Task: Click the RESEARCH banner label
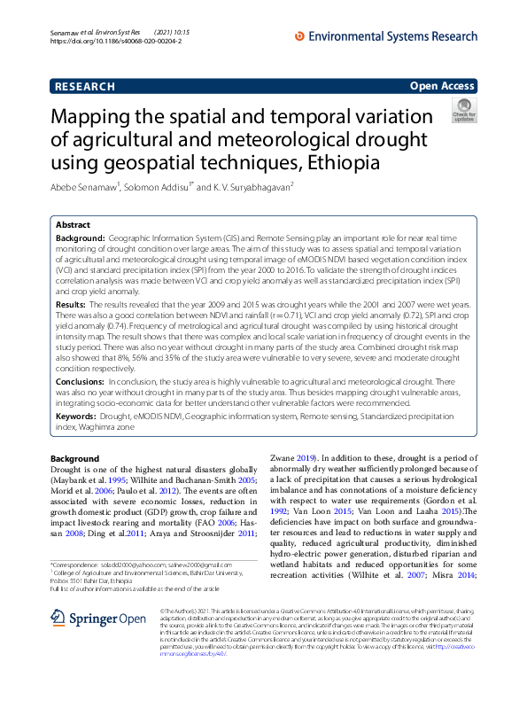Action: (x=85, y=86)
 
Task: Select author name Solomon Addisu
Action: (x=158, y=187)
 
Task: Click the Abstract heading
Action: (x=74, y=226)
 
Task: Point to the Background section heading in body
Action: (x=75, y=458)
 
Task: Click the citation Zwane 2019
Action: (x=291, y=458)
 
